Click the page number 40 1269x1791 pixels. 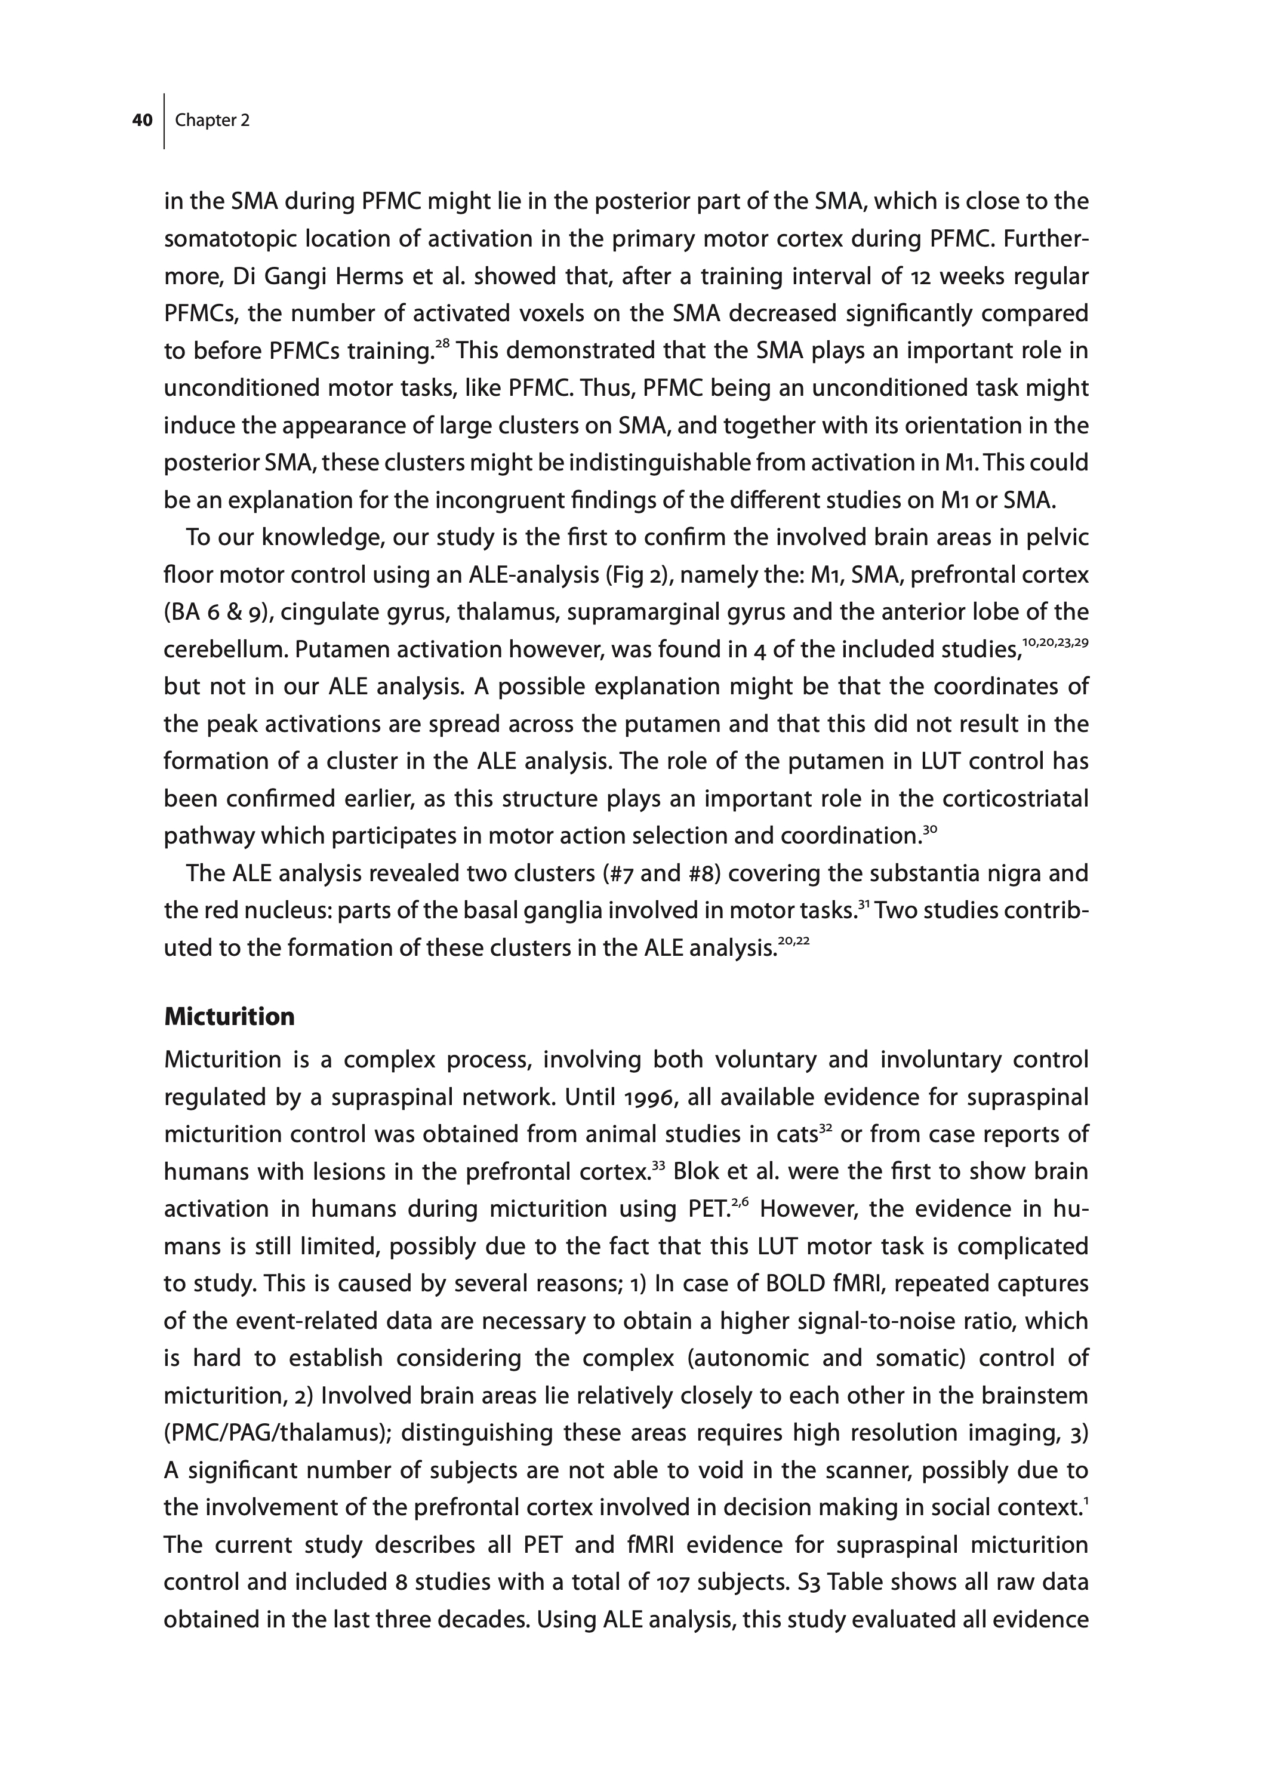pyautogui.click(x=141, y=121)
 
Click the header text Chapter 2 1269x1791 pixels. pyautogui.click(x=212, y=121)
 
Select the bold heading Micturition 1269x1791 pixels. pyautogui.click(x=229, y=1017)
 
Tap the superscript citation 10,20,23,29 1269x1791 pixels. pyautogui.click(x=1055, y=642)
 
